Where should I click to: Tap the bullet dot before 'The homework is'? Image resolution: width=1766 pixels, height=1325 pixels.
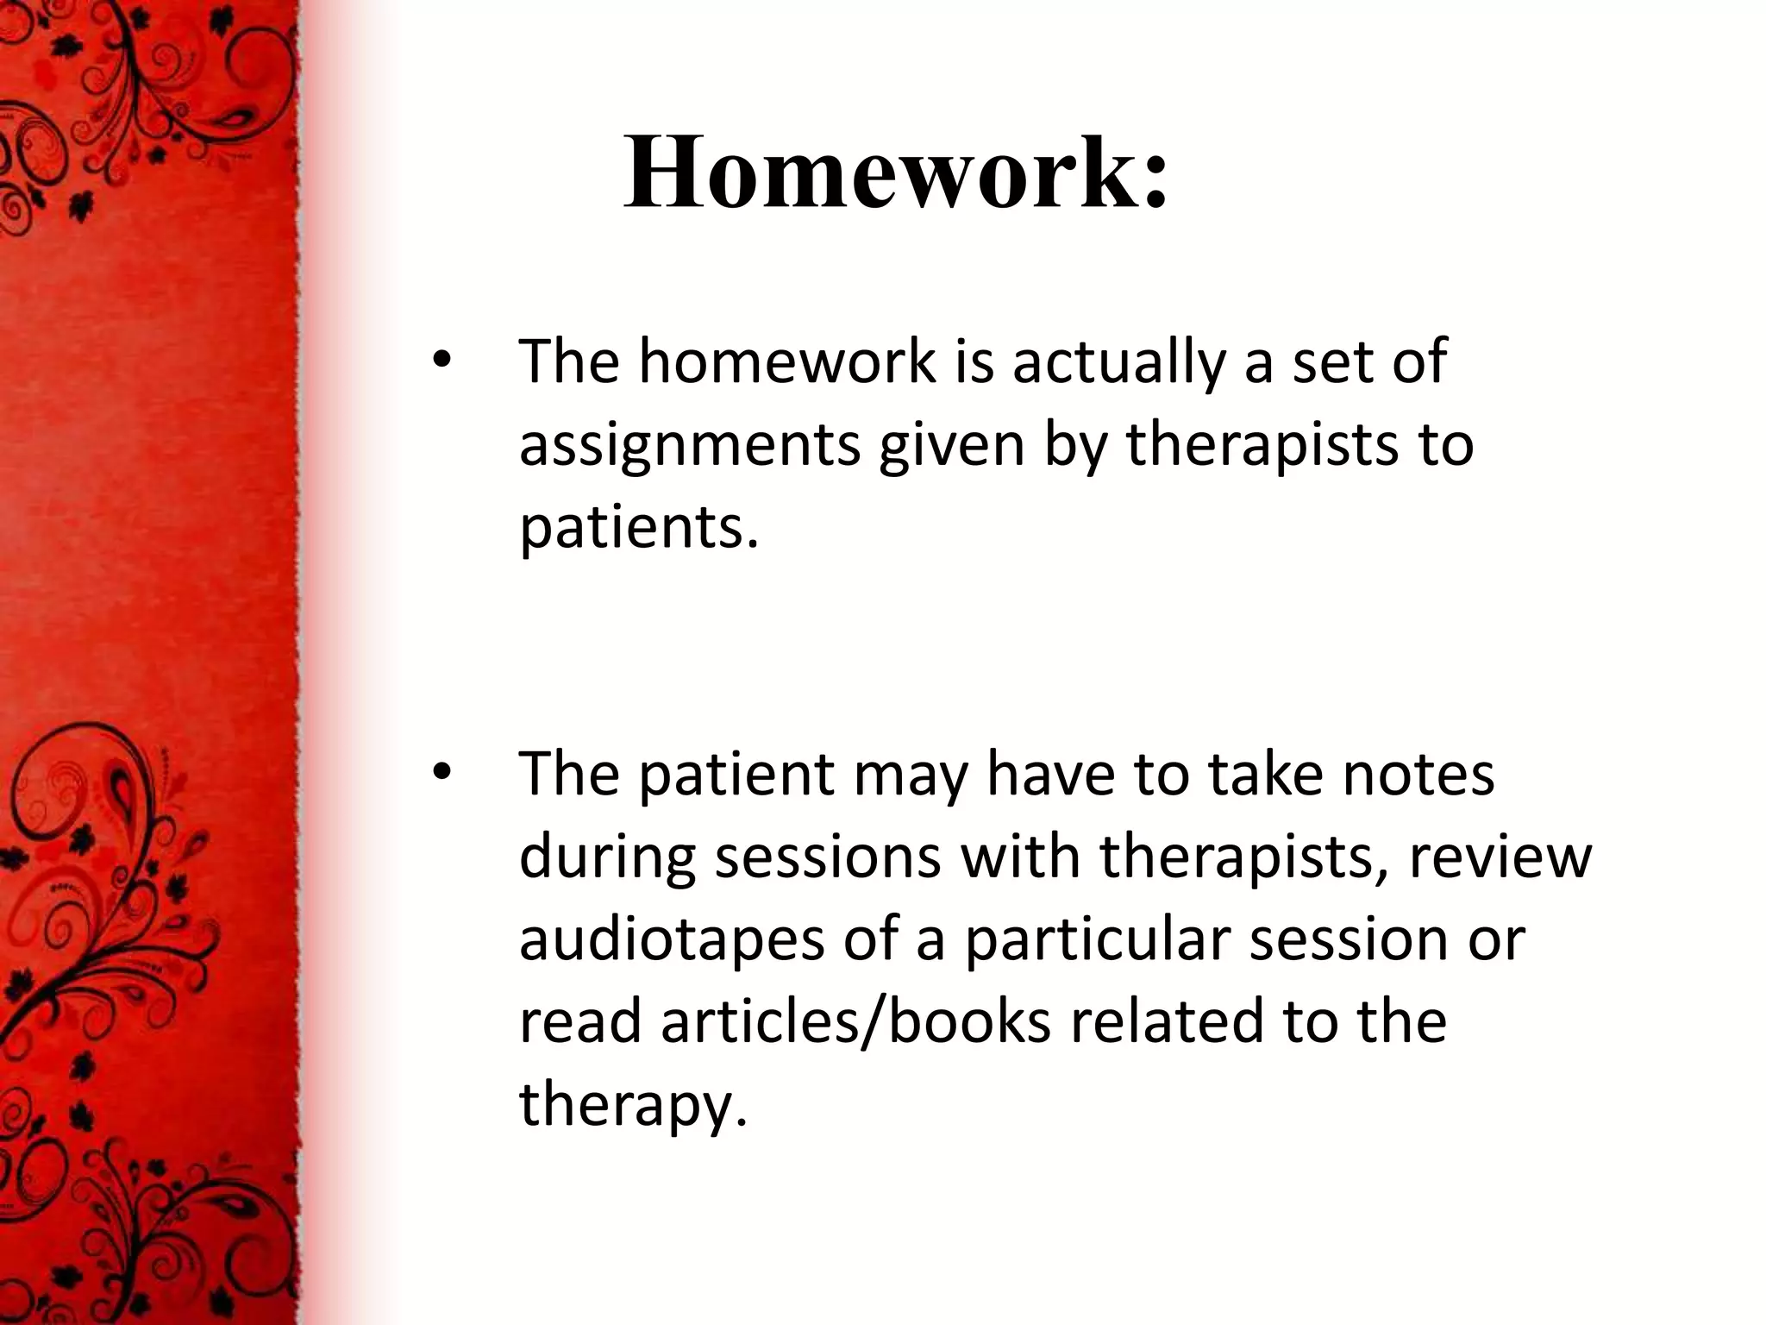[441, 362]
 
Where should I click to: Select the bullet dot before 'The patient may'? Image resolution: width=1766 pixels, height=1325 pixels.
[441, 774]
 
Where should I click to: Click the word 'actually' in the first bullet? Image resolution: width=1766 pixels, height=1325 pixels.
[1118, 362]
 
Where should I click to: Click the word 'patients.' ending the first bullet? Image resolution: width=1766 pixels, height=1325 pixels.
[639, 528]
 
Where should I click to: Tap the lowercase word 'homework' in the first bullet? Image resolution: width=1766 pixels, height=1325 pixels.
[786, 362]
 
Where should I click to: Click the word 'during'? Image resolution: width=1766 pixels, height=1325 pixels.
[607, 857]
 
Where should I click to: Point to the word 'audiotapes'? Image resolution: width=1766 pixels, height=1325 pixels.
[672, 939]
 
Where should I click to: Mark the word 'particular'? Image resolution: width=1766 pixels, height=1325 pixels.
[1097, 939]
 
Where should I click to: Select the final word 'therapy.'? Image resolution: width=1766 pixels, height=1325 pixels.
[632, 1104]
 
